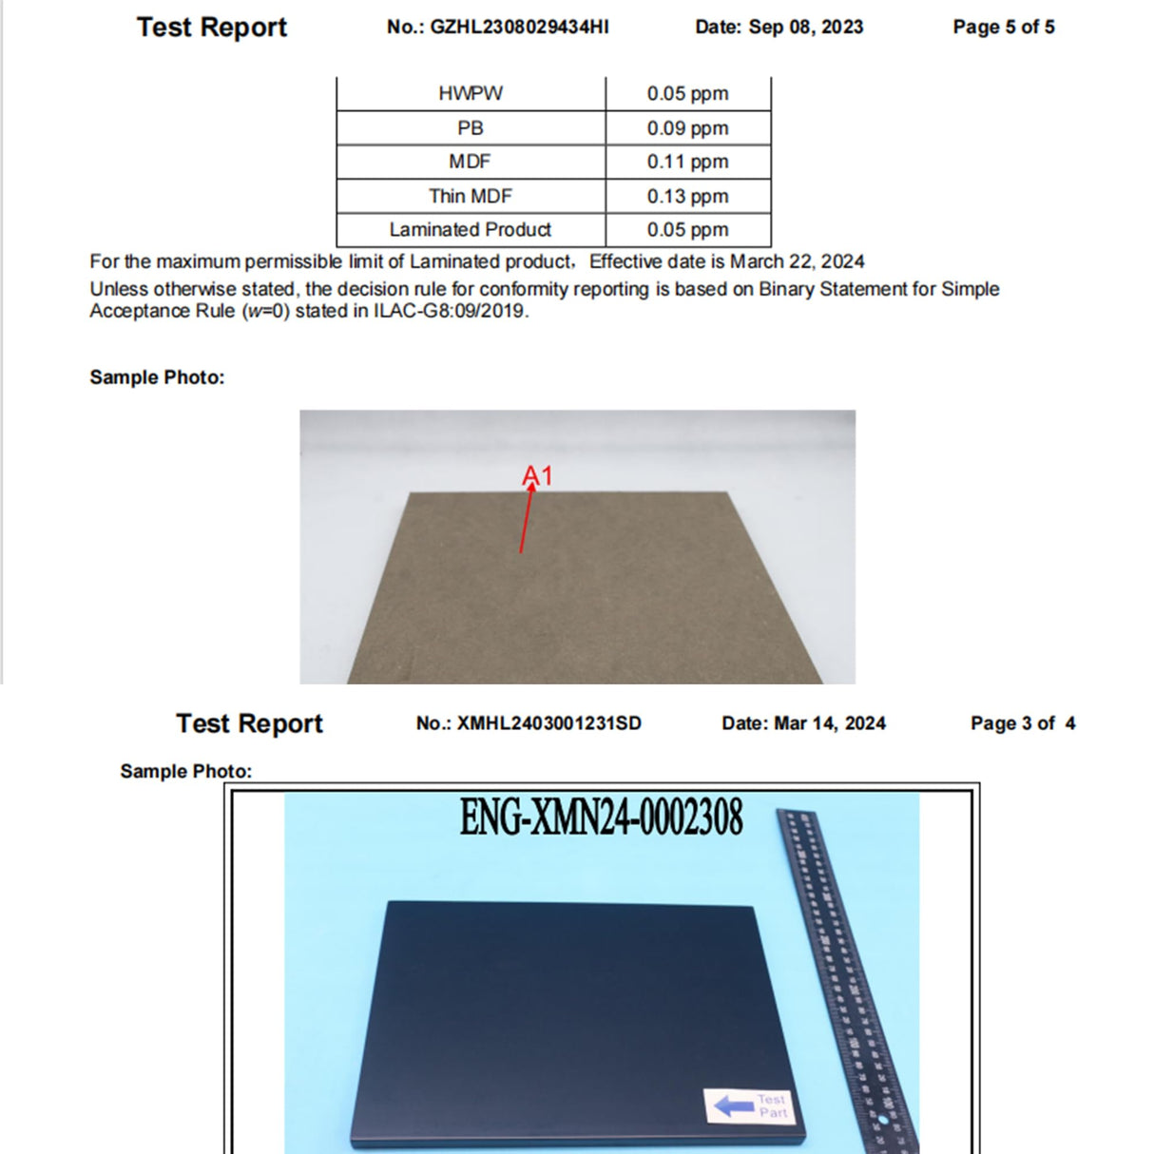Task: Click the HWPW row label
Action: tap(471, 93)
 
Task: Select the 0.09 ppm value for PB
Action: tap(687, 127)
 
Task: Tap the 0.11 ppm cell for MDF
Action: tap(687, 162)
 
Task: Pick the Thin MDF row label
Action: tap(471, 196)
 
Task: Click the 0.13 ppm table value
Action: tap(687, 196)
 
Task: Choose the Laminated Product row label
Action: tap(471, 229)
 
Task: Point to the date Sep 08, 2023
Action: tap(805, 27)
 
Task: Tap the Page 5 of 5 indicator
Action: tap(1004, 27)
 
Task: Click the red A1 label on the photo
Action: tap(537, 475)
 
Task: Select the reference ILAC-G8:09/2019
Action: tap(449, 311)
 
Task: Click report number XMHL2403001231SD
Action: tap(548, 723)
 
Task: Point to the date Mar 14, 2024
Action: tap(830, 723)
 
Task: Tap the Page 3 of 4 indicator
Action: tap(1023, 723)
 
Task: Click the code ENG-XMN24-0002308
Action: tap(601, 817)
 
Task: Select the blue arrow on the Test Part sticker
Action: tap(733, 1106)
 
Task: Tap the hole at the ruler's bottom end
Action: tap(883, 1120)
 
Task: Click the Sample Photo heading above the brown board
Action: tap(157, 377)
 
